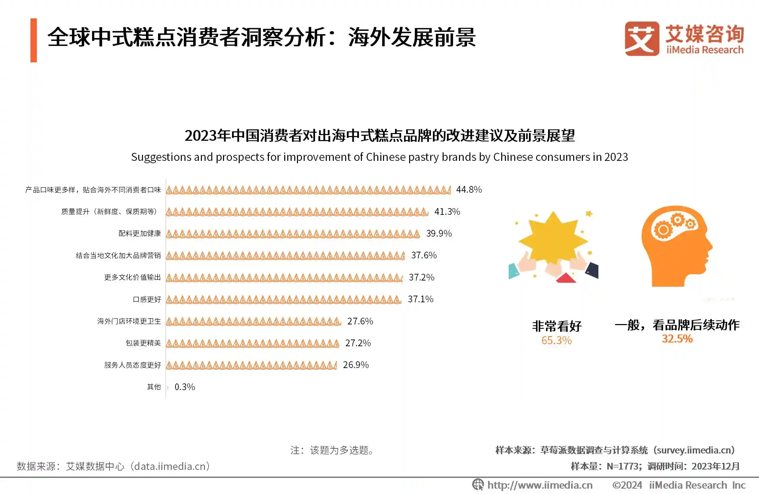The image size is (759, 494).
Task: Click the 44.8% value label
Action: tap(469, 190)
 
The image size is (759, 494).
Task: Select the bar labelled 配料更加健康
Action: tap(293, 234)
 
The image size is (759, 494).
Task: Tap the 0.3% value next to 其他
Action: tap(184, 387)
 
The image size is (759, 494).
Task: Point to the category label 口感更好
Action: tap(147, 299)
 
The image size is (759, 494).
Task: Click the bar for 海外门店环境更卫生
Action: tap(253, 321)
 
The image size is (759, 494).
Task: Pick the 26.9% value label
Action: tap(356, 365)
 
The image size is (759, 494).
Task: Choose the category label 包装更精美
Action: tap(143, 343)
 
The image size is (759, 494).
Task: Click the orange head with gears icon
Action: tap(676, 246)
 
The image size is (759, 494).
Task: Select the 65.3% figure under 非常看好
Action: tap(556, 341)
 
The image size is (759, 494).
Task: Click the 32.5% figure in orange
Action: tap(677, 339)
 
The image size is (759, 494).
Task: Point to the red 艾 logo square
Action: tap(641, 39)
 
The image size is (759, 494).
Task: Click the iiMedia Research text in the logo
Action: tap(704, 50)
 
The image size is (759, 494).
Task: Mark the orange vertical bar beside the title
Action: tap(33, 40)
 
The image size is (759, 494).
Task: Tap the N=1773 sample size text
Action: tap(624, 467)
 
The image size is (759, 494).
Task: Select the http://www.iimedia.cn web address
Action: tap(540, 485)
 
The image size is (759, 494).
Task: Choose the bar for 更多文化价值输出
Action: tap(284, 277)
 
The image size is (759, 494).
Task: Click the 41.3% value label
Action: tap(447, 212)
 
